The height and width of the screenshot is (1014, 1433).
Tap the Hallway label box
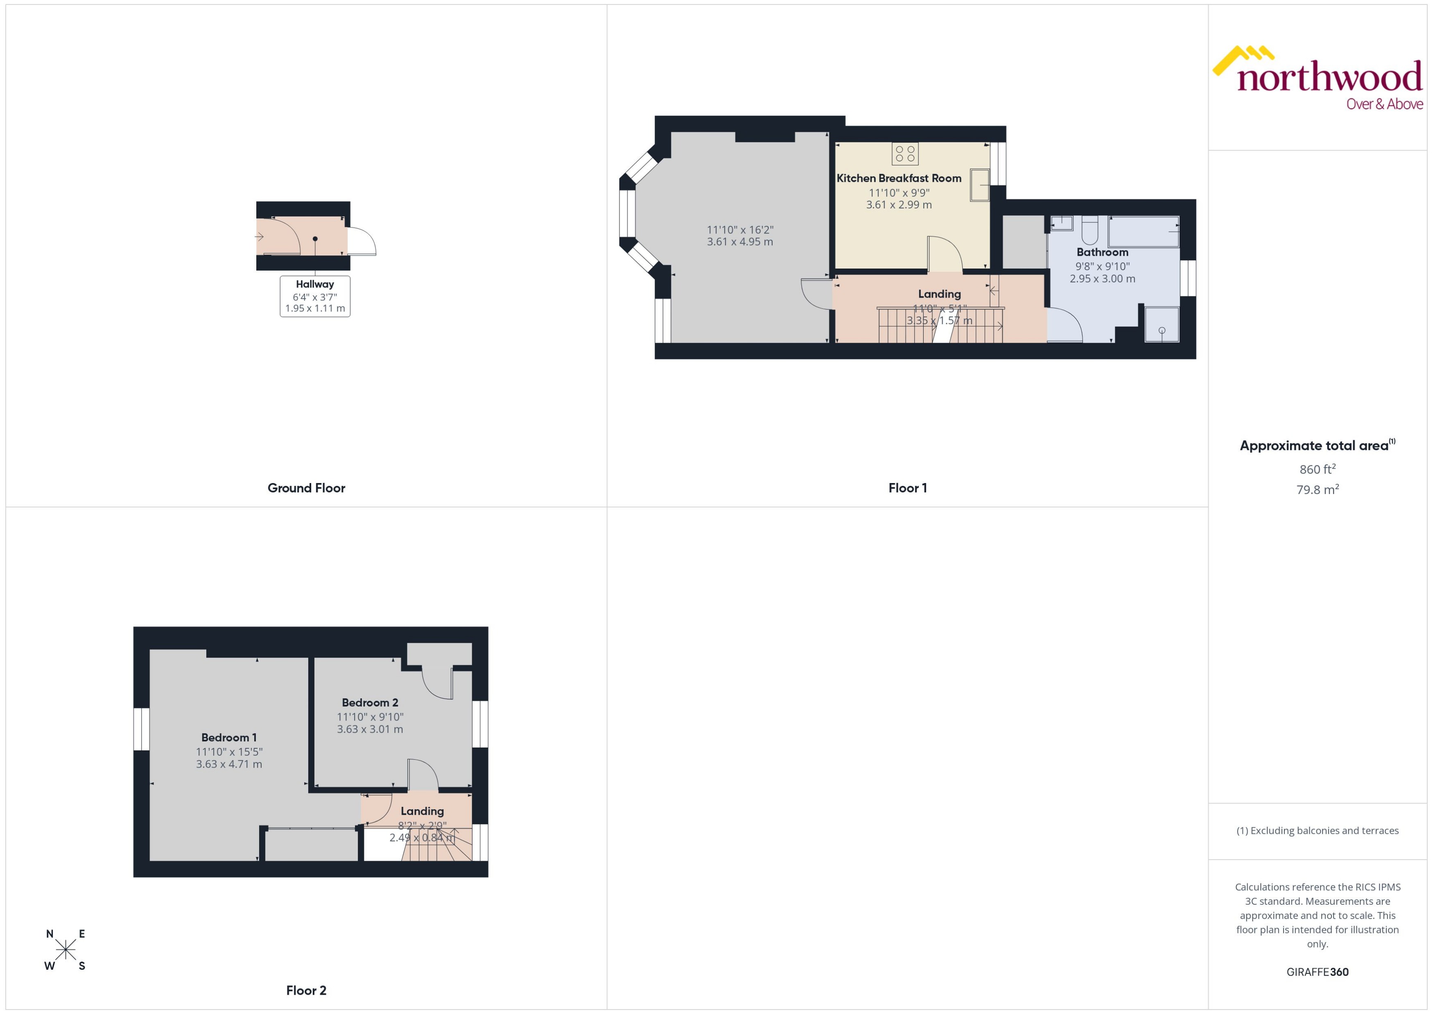click(x=315, y=296)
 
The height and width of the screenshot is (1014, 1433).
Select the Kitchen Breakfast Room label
click(x=899, y=178)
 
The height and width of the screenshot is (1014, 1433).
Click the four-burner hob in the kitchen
click(x=905, y=154)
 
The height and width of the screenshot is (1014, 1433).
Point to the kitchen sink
click(x=979, y=185)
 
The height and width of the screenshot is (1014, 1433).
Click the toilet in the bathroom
click(x=1089, y=230)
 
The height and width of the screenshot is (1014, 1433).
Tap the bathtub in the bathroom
click(x=1143, y=232)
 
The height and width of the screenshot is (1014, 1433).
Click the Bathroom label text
click(x=1102, y=252)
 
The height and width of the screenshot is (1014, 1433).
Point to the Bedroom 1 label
click(x=228, y=737)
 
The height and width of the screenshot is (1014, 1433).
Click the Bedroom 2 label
click(x=370, y=702)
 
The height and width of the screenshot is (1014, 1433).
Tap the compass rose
click(x=66, y=950)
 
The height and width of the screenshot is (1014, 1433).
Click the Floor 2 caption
click(x=306, y=990)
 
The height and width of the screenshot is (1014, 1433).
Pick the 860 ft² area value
click(x=1318, y=469)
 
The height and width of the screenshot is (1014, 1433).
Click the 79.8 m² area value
click(x=1318, y=490)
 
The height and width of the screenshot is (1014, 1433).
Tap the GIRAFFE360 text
click(x=1318, y=972)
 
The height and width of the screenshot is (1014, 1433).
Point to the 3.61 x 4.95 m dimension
click(x=740, y=242)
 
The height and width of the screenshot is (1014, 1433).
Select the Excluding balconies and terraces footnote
click(x=1318, y=831)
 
